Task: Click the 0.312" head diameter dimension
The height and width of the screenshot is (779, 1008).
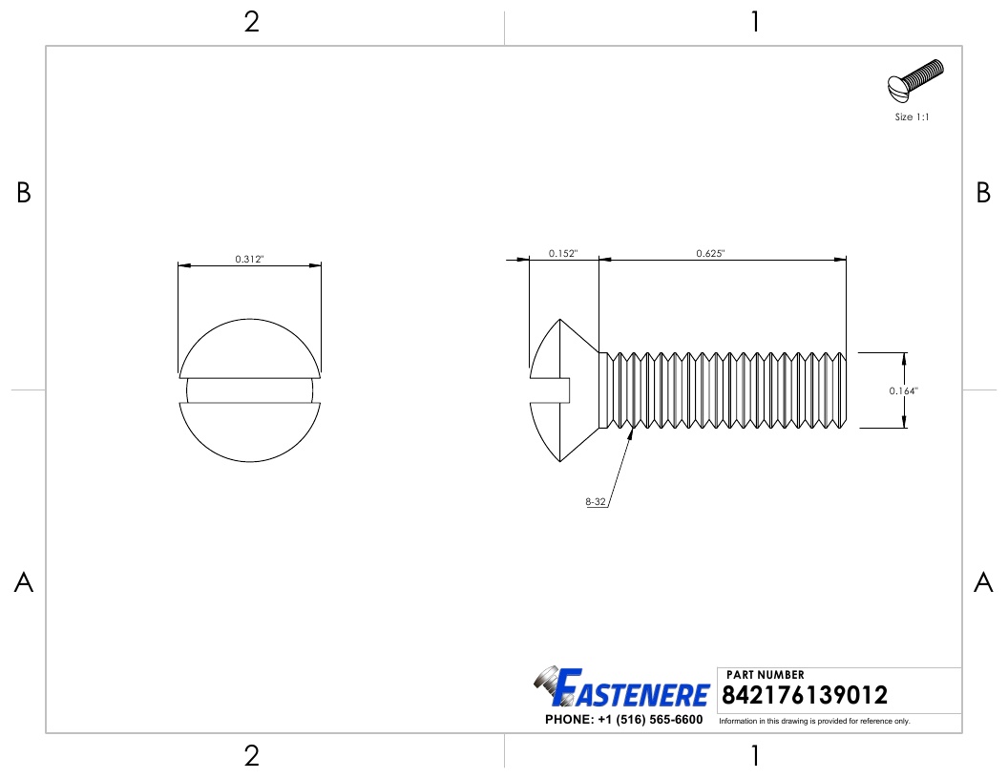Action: tap(249, 259)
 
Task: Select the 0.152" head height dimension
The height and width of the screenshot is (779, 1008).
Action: tap(563, 253)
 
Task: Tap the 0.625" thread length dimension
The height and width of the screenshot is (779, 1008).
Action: tap(710, 253)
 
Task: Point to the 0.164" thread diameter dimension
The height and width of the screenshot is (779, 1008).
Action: tap(904, 390)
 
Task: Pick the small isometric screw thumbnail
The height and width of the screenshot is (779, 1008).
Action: tap(914, 83)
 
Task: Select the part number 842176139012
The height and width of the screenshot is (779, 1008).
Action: tap(807, 695)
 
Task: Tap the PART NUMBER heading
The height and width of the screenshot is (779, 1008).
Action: tap(766, 675)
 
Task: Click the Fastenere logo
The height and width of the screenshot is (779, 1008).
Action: tap(621, 688)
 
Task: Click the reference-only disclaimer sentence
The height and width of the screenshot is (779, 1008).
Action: tap(814, 721)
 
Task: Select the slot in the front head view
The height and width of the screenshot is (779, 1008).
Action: tap(249, 390)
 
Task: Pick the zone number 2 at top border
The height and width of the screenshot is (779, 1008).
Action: tap(251, 22)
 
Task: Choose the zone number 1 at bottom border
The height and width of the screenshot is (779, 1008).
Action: tap(755, 756)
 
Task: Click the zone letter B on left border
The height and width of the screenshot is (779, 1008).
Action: tap(24, 193)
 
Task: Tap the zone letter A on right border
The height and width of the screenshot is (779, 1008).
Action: tap(983, 582)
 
